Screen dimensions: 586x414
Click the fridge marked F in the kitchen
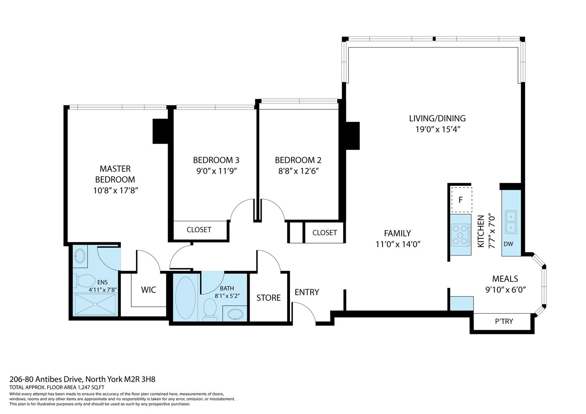461,200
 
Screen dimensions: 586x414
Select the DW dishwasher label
508,244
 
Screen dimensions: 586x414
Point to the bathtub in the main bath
185,298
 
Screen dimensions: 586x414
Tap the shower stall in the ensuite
95,304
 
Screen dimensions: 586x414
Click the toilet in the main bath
210,310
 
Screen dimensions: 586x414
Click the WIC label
148,290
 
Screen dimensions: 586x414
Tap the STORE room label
268,298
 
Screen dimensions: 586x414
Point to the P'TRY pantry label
504,321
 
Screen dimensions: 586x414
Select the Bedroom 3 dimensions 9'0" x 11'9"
216,171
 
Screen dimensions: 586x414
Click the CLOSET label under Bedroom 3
199,229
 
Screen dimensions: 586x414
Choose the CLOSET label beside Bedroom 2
324,233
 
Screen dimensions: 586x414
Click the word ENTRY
307,292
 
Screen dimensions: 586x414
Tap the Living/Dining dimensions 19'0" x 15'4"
438,130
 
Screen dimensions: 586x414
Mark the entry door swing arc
308,308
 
